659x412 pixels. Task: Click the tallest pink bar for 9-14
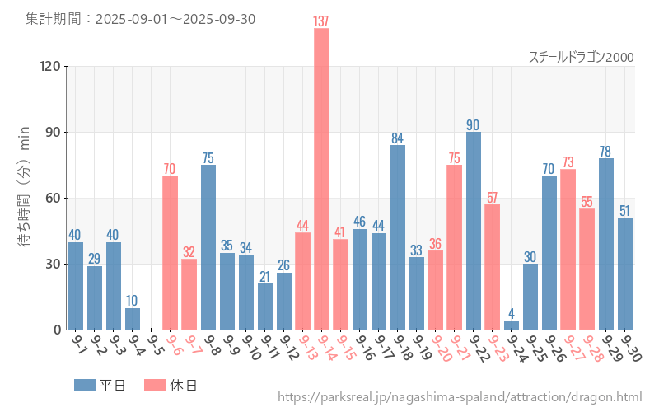[x=321, y=179]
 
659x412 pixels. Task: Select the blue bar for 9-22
[x=473, y=231]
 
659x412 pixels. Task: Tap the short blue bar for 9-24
[x=511, y=325]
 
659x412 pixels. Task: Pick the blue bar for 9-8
[x=208, y=247]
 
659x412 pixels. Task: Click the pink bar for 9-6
[x=171, y=252]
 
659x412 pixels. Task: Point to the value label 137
[x=321, y=21]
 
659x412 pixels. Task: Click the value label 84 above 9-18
[x=397, y=138]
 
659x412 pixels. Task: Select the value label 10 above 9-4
[x=133, y=301]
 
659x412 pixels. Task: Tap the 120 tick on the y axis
[x=51, y=66]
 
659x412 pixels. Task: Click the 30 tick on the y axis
[x=54, y=264]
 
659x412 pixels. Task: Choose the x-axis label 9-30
[x=630, y=347]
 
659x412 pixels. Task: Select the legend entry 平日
[x=100, y=385]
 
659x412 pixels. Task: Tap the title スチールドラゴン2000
[x=581, y=57]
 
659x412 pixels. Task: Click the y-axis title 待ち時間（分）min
[x=25, y=187]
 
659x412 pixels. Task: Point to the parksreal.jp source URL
[x=460, y=397]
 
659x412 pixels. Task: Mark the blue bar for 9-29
[x=605, y=244]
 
